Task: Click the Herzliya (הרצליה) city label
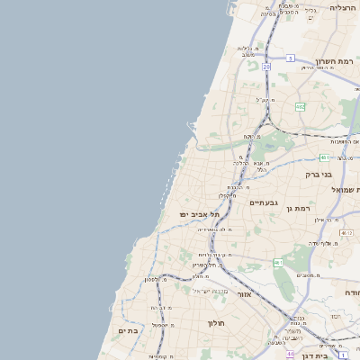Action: point(343,7)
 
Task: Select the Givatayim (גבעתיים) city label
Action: point(264,202)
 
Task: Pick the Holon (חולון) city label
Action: point(215,322)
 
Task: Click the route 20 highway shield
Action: point(266,67)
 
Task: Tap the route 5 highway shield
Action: point(291,58)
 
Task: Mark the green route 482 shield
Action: point(300,106)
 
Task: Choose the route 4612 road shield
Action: point(346,233)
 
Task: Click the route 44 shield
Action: point(291,354)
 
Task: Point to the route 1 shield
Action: point(344,355)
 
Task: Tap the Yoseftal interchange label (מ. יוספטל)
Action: point(162,325)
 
